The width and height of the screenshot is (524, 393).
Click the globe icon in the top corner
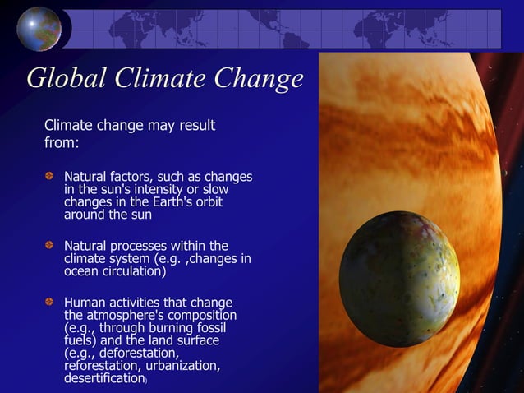pos(39,28)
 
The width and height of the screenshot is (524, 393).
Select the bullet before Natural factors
pos(50,177)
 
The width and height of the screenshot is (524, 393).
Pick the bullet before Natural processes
pos(50,246)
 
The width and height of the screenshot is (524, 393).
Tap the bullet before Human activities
pos(50,302)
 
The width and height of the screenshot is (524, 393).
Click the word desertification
pos(104,379)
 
